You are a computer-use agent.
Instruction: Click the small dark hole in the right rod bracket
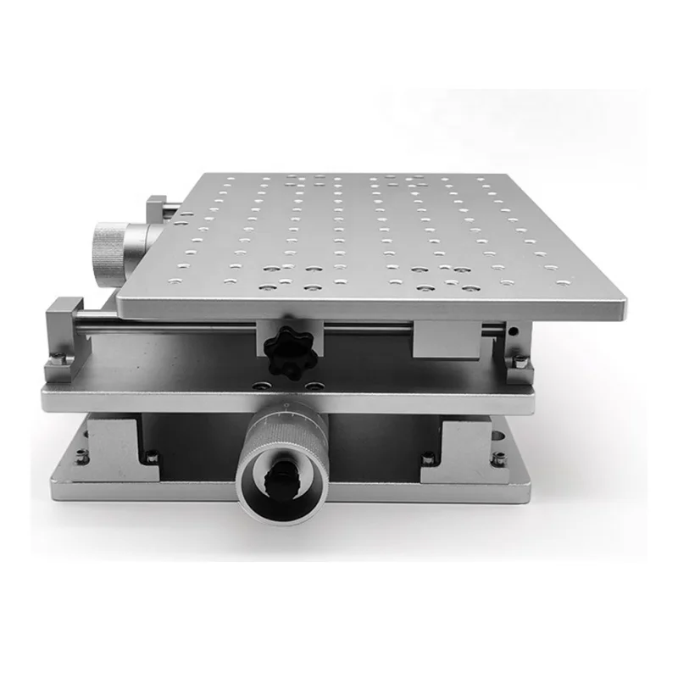(514, 330)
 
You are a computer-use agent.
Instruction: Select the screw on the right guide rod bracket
(518, 363)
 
